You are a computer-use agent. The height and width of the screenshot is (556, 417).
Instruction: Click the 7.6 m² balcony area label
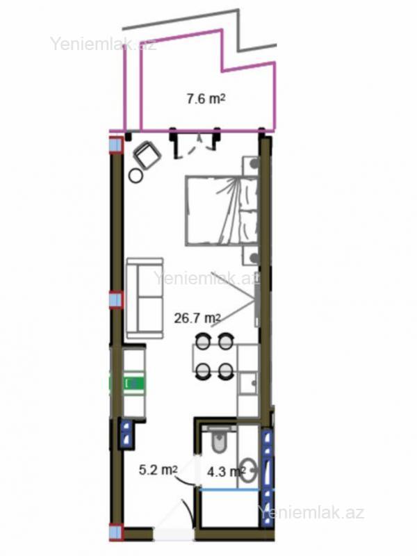206,99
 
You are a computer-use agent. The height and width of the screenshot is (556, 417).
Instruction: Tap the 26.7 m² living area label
197,318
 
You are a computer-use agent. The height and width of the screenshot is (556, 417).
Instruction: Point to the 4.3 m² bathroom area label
225,472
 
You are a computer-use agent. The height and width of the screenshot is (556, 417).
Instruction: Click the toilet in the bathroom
219,439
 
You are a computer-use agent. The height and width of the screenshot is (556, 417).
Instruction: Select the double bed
222,211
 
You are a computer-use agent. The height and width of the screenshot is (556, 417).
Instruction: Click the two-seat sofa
145,298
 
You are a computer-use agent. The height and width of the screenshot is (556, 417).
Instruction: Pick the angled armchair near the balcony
146,155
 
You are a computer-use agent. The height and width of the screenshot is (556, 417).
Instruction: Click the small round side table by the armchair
136,176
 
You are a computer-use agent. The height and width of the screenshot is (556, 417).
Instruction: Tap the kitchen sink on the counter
248,383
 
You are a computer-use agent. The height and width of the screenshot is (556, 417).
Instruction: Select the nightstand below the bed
251,256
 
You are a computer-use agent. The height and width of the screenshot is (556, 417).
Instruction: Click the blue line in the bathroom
229,489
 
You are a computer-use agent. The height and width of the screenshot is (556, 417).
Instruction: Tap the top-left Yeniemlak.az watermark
102,44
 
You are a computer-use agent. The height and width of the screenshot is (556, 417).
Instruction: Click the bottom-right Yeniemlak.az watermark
311,513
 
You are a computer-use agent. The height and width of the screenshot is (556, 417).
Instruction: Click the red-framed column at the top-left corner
115,145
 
